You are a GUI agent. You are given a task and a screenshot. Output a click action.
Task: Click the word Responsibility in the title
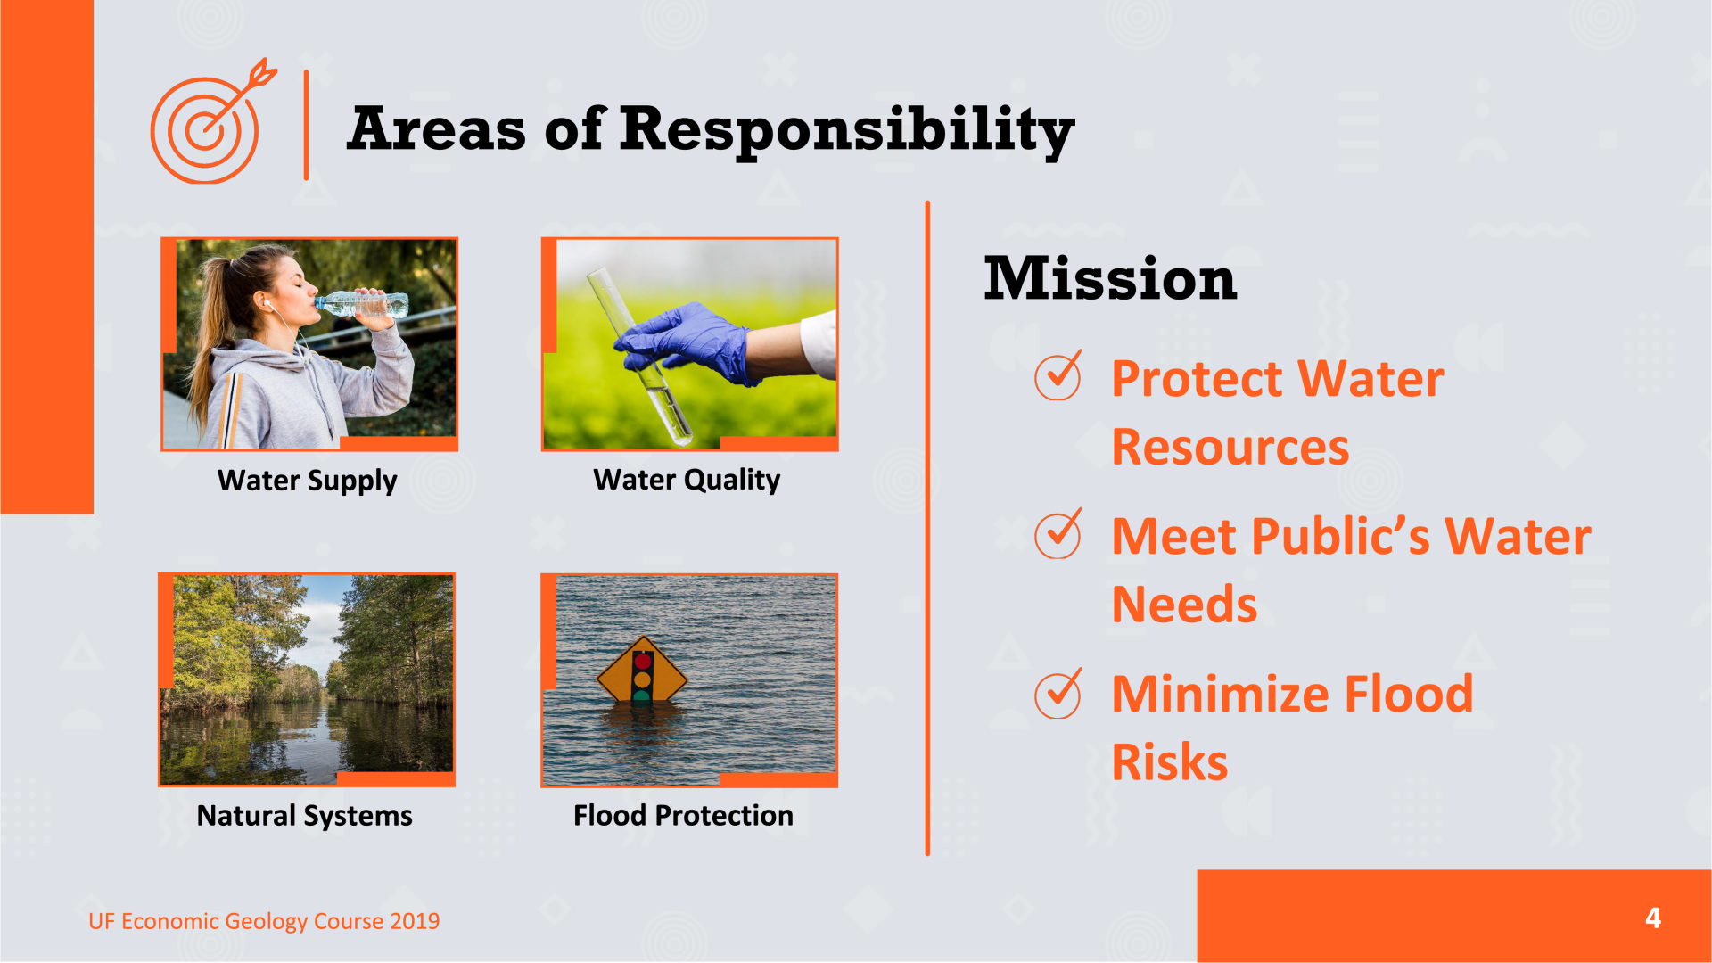pos(847,130)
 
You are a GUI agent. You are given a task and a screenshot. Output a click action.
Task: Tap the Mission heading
pos(1110,278)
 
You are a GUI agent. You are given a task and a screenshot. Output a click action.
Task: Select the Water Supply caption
pos(308,481)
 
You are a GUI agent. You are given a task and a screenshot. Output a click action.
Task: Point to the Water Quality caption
pos(687,480)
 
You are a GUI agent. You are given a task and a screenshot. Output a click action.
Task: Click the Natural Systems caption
pos(304,816)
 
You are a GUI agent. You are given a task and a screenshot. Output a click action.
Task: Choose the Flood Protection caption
pos(683,815)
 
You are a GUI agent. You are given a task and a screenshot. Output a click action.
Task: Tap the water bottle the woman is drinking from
pos(361,304)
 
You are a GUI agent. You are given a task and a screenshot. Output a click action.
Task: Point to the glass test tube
pos(638,357)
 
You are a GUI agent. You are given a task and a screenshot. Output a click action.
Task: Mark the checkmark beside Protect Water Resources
pos(1058,375)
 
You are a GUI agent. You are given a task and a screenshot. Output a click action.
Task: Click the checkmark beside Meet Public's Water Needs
pos(1058,533)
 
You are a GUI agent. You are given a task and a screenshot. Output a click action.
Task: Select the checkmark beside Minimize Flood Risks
pos(1058,693)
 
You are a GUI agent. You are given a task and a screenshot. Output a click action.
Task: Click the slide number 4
pos(1653,918)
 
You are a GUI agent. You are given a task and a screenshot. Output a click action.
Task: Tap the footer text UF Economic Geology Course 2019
pos(264,921)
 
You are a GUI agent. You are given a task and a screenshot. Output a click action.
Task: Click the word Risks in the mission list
pos(1170,762)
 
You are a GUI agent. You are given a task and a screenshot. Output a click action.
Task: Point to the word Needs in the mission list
pos(1185,605)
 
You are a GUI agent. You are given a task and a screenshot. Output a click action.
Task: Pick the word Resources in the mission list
pos(1230,447)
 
